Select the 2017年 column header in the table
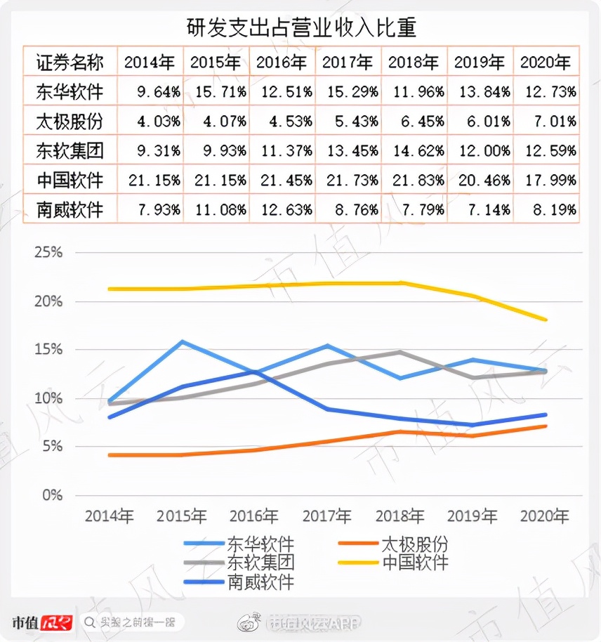tap(348, 63)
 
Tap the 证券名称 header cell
tap(70, 63)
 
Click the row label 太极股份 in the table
tap(70, 122)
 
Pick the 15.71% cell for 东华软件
tap(218, 92)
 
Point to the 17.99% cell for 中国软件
tap(548, 181)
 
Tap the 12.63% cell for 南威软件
tap(284, 210)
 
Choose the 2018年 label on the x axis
tap(399, 516)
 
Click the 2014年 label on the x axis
tap(110, 516)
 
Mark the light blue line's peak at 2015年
tap(183, 342)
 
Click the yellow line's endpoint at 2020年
tap(546, 320)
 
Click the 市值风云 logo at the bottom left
tap(42, 622)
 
